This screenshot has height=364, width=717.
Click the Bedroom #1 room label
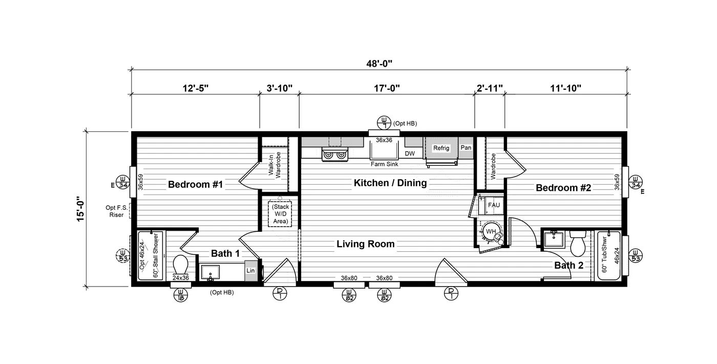click(195, 185)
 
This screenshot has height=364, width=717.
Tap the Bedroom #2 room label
click(563, 188)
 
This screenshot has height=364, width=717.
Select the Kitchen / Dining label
click(390, 183)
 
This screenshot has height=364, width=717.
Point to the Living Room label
click(366, 244)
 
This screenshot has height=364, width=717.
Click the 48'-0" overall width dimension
click(379, 64)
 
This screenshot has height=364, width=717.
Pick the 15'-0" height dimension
click(80, 209)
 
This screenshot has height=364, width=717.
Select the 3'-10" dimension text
click(280, 88)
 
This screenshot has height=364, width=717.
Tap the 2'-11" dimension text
click(490, 88)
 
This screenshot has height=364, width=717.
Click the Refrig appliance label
click(441, 148)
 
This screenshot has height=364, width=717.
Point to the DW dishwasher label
click(410, 153)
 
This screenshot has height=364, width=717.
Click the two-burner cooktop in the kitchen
click(335, 155)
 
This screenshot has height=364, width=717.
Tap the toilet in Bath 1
click(180, 265)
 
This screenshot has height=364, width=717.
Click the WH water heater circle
click(491, 231)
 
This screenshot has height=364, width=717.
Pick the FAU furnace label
click(494, 205)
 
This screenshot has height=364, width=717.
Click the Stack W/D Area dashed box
click(280, 214)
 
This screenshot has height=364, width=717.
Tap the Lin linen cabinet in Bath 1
click(251, 271)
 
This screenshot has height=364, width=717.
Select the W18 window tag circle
click(180, 295)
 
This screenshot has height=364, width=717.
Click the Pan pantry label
click(466, 148)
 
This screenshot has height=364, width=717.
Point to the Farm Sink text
click(385, 164)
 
